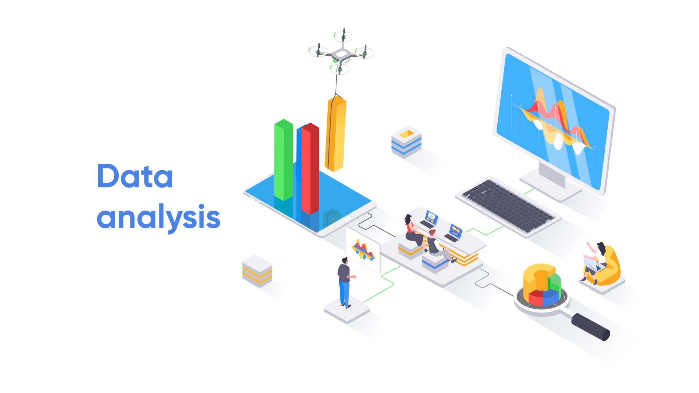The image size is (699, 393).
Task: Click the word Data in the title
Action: click(x=135, y=176)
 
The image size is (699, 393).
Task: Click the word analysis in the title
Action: click(x=158, y=217)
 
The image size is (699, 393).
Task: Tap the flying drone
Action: click(x=341, y=53)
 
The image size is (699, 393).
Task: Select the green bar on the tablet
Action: click(x=283, y=159)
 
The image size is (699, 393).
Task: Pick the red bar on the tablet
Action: click(x=310, y=168)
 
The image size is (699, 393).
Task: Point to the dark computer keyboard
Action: click(x=508, y=206)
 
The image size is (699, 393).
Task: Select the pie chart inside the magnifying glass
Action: click(x=542, y=286)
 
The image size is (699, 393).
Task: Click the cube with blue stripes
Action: click(x=406, y=142)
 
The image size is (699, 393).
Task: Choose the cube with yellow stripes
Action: click(x=257, y=271)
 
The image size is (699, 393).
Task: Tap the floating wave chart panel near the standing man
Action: click(x=363, y=250)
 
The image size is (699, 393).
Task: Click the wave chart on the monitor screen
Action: click(x=553, y=120)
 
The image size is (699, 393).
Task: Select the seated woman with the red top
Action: click(x=414, y=233)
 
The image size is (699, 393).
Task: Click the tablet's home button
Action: click(x=348, y=218)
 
